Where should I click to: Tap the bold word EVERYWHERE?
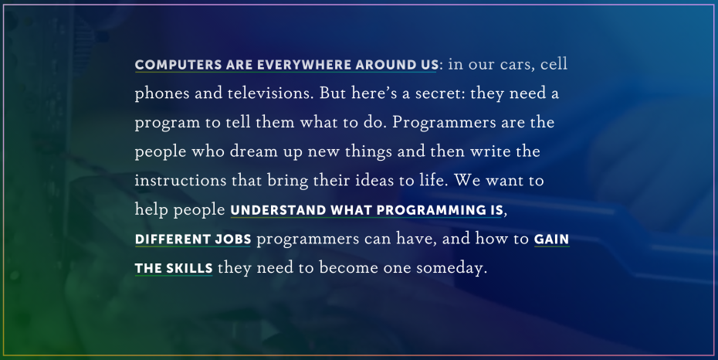pyautogui.click(x=304, y=65)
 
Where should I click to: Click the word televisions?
pyautogui.click(x=271, y=93)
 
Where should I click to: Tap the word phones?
pyautogui.click(x=162, y=94)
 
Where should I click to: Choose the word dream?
pyautogui.click(x=254, y=151)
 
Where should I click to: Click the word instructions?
pyautogui.click(x=181, y=181)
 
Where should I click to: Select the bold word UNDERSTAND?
pyautogui.click(x=278, y=210)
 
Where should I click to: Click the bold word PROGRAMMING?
pyautogui.click(x=431, y=210)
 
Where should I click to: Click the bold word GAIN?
pyautogui.click(x=552, y=239)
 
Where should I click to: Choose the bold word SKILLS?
pyautogui.click(x=189, y=268)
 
